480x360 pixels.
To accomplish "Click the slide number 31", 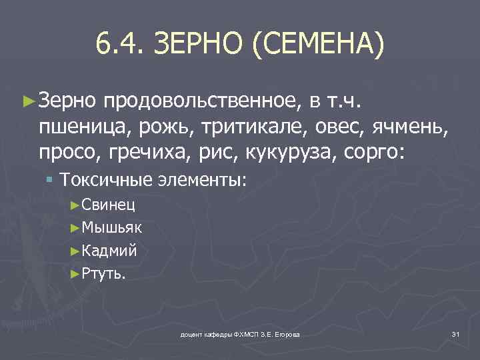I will (x=456, y=333).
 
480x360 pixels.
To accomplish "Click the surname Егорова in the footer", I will (x=284, y=334).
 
